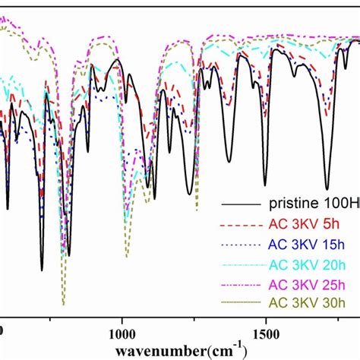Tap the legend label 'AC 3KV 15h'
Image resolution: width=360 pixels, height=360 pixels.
(x=310, y=244)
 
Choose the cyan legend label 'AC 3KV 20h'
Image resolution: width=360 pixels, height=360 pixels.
(x=310, y=264)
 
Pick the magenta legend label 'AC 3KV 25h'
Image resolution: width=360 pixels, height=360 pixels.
(x=310, y=283)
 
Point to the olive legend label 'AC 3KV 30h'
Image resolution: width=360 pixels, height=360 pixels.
(x=310, y=303)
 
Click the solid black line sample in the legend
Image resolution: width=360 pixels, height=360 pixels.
(x=239, y=204)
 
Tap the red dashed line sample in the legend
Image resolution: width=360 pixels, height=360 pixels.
(x=239, y=225)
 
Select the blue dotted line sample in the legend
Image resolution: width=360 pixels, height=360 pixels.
(x=239, y=245)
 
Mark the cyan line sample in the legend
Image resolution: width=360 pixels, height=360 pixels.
(x=239, y=264)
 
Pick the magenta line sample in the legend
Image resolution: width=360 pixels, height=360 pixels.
(x=239, y=284)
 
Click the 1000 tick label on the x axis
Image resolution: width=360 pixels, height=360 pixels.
(x=122, y=332)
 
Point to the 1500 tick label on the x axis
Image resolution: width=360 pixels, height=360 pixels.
(x=265, y=332)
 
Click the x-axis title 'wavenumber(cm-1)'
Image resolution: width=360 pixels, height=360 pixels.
(x=180, y=350)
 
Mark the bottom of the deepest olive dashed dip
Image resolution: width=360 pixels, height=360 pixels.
(x=63, y=302)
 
